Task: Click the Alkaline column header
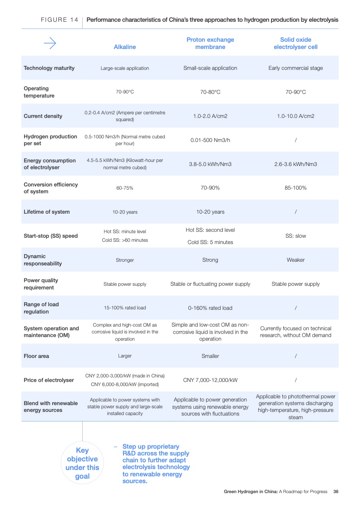(x=125, y=47)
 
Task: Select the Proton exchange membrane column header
(x=210, y=44)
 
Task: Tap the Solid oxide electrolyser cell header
(x=296, y=44)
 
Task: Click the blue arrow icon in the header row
(x=49, y=44)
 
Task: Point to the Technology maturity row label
(x=49, y=68)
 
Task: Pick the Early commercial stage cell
(x=296, y=68)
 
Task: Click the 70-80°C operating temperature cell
(x=210, y=92)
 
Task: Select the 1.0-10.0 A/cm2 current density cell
(x=296, y=116)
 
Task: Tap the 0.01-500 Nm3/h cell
(x=210, y=140)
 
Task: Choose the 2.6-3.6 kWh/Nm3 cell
(x=296, y=164)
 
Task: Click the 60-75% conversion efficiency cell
(x=125, y=188)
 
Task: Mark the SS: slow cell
(x=296, y=236)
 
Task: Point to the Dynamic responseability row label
(x=43, y=260)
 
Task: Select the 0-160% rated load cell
(x=210, y=308)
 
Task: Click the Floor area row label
(x=36, y=356)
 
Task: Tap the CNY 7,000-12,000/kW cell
(x=210, y=380)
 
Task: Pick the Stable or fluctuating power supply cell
(x=210, y=284)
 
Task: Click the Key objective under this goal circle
(x=82, y=463)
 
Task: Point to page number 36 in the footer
(x=336, y=492)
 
